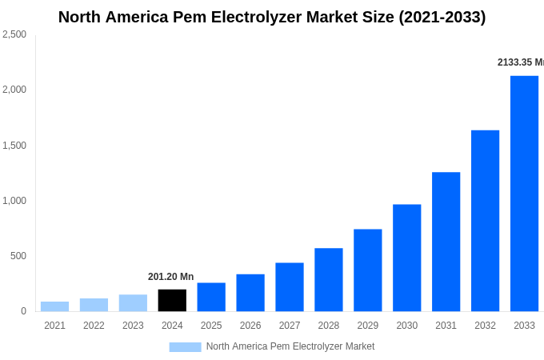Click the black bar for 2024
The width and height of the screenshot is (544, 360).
[x=172, y=300]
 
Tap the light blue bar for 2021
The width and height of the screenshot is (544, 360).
[x=54, y=306]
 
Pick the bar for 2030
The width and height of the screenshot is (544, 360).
[x=406, y=258]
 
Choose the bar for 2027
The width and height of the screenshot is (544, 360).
[x=290, y=287]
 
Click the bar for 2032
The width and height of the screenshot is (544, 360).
[x=485, y=221]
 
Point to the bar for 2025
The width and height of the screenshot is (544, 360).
[x=211, y=297]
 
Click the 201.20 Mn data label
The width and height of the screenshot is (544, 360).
[x=170, y=277]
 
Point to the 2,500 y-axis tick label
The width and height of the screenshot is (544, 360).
[x=14, y=34]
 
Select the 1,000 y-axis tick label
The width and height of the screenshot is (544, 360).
[x=14, y=201]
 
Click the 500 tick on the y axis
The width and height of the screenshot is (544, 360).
[x=18, y=256]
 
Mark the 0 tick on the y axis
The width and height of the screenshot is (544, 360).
[x=23, y=311]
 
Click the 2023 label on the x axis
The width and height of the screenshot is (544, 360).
[x=133, y=326]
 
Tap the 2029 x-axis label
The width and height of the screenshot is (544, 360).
[x=367, y=326]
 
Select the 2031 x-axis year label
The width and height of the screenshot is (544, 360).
[x=446, y=326]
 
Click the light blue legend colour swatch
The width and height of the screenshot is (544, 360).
[x=185, y=347]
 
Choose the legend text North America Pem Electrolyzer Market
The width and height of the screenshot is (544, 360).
[x=290, y=346]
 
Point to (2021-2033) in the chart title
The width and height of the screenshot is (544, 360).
[x=442, y=17]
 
